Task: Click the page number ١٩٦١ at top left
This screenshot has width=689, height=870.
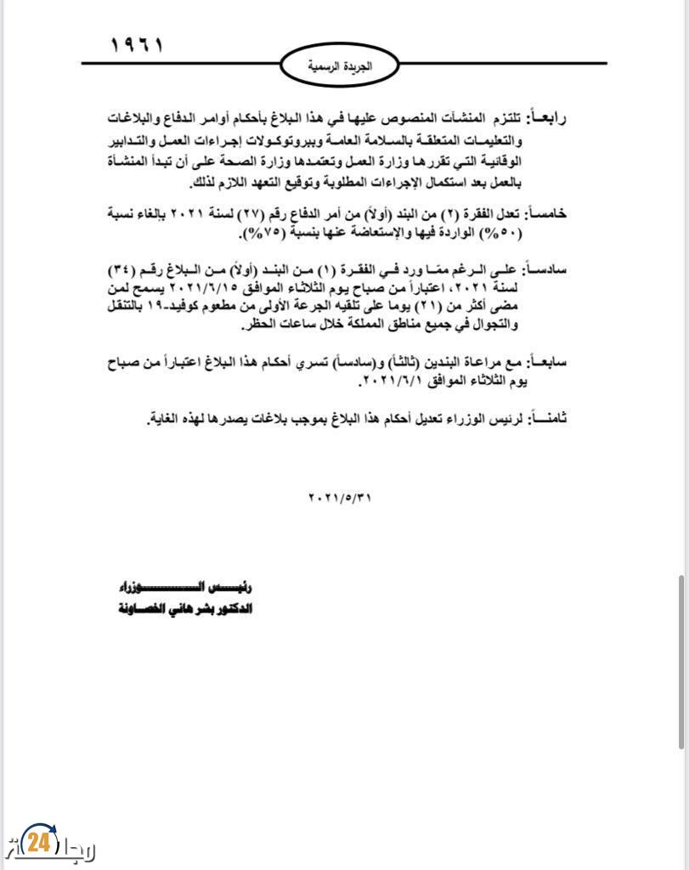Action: click(137, 45)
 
